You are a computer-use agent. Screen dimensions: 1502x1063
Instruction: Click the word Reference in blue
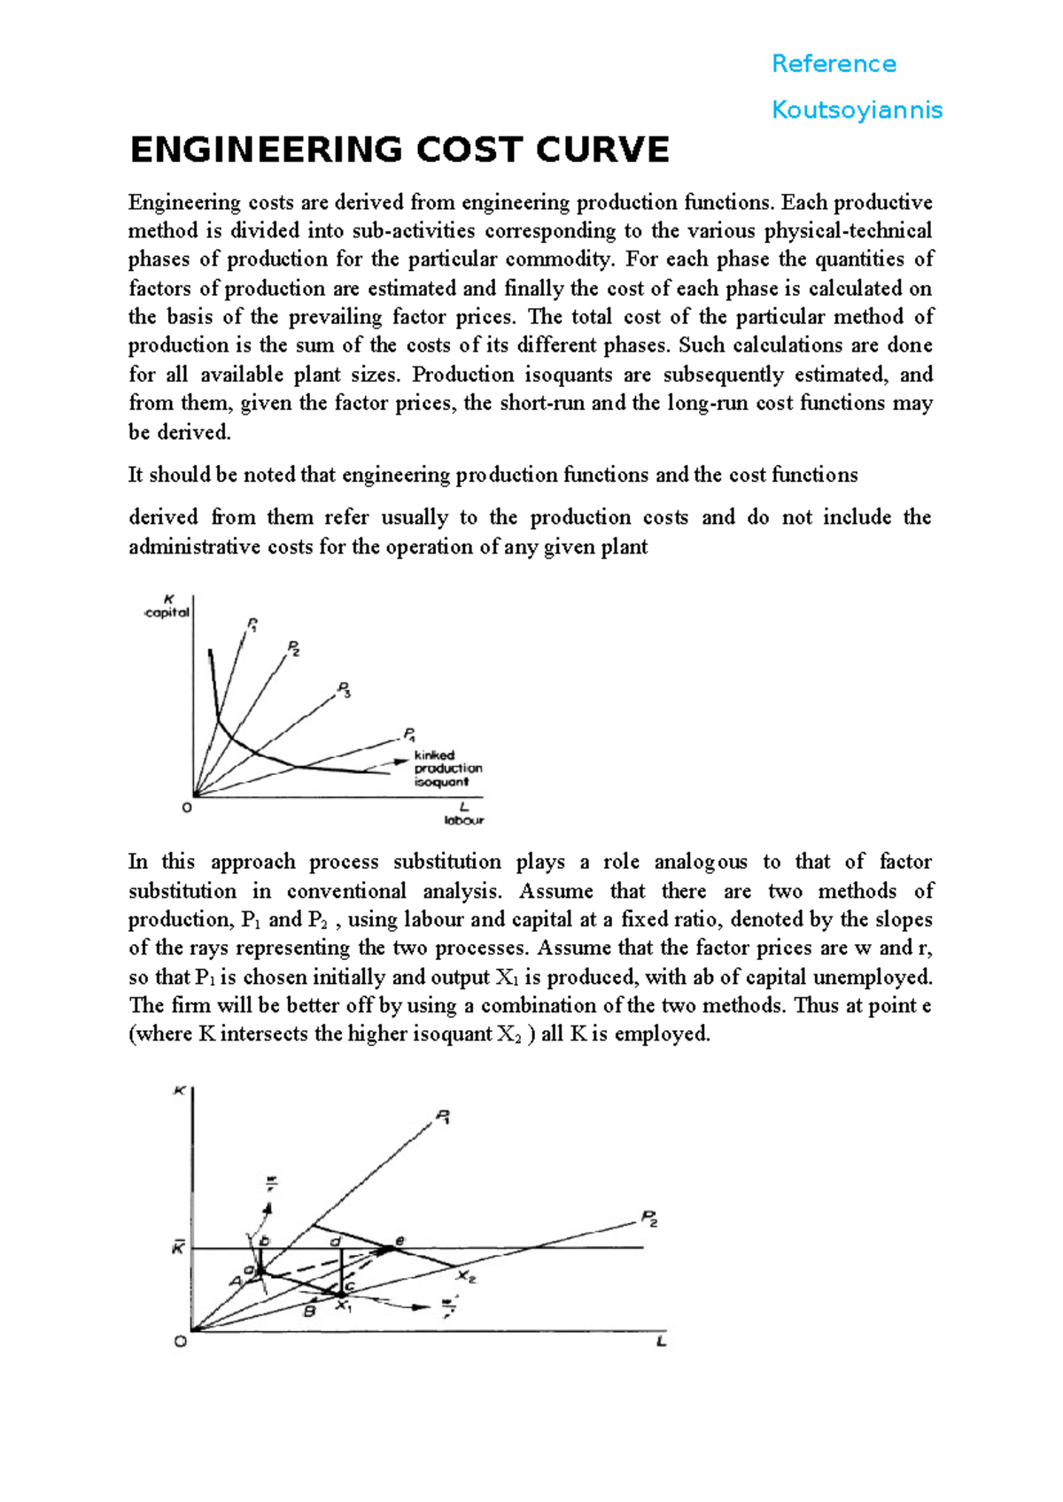tap(834, 64)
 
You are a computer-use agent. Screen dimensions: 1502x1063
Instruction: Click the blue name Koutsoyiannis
tap(857, 110)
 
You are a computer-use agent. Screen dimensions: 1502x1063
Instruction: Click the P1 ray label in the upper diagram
tap(252, 625)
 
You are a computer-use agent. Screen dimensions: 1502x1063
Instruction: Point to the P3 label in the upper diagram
tap(345, 690)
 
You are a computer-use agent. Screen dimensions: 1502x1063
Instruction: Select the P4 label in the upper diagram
tap(410, 734)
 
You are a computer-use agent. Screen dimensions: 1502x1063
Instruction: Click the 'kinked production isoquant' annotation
tap(447, 769)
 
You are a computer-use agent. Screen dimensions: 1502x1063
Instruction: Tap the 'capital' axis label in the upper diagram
tap(167, 612)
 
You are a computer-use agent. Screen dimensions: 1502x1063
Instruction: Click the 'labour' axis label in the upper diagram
tap(463, 820)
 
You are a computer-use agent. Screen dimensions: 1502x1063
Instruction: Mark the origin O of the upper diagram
tap(187, 808)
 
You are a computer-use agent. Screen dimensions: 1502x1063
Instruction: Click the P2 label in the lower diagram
tap(649, 1219)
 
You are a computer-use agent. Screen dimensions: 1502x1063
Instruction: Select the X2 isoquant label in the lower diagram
tap(467, 1276)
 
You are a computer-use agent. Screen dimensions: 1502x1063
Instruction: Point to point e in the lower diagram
tap(400, 1241)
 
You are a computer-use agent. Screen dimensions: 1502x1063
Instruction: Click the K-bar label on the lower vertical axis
tap(178, 1248)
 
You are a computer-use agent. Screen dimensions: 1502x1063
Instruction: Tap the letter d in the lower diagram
tap(336, 1241)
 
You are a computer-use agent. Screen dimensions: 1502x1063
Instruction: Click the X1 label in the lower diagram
tap(345, 1305)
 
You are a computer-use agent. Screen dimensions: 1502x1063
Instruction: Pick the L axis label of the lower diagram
tap(661, 1342)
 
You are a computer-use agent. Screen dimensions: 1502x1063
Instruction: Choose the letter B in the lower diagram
tap(309, 1311)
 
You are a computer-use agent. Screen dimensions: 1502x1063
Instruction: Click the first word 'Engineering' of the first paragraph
tap(184, 203)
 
